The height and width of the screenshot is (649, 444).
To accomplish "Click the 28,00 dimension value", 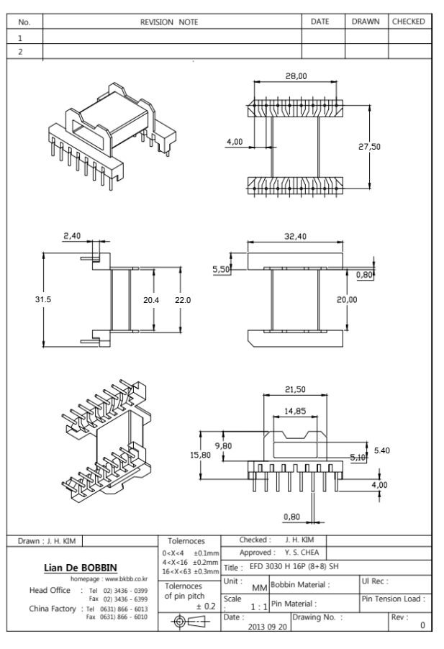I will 296,76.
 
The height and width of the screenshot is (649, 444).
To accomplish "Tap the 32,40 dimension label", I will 295,235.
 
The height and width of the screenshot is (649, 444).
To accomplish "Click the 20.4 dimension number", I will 150,300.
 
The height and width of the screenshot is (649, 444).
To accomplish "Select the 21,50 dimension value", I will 296,389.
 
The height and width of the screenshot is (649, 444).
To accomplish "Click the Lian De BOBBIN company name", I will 81,569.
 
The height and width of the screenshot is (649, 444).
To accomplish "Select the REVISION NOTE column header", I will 171,22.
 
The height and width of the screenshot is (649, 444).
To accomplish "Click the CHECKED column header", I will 409,22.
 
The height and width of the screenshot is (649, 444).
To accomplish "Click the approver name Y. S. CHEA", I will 298,551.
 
